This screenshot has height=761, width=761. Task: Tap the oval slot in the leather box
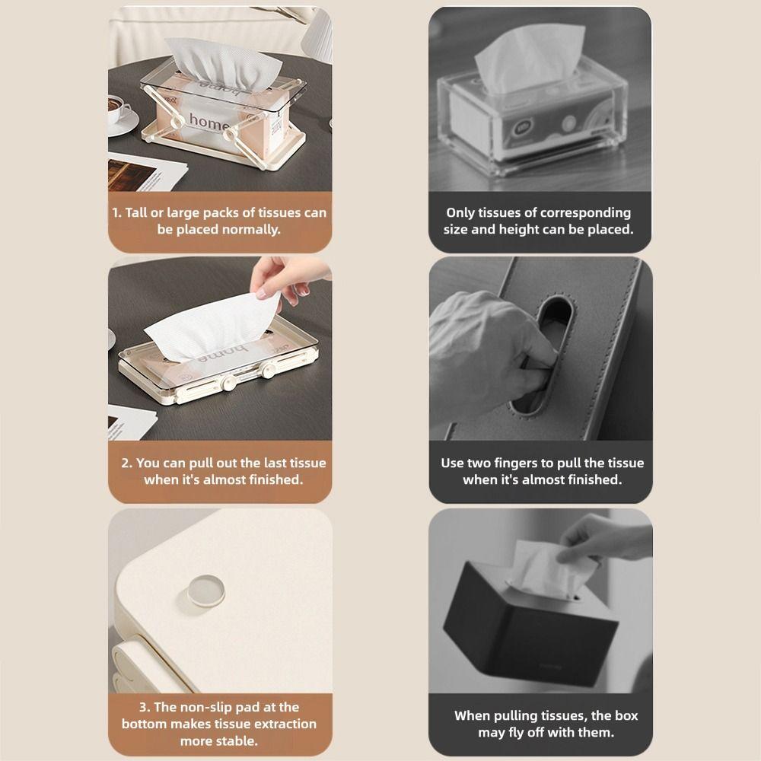pyautogui.click(x=542, y=357)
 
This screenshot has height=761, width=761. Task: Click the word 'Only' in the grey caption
pyautogui.click(x=460, y=212)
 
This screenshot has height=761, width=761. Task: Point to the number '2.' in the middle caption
pyautogui.click(x=127, y=463)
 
